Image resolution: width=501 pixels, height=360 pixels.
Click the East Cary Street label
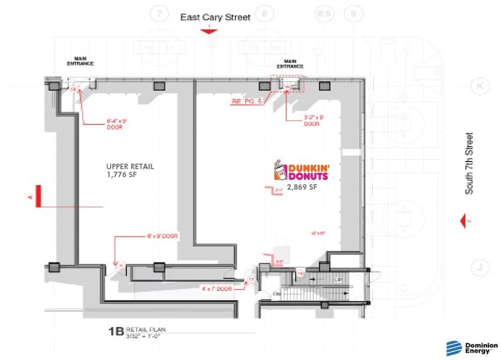point(215,17)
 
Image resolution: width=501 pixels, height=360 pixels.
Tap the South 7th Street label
point(469,163)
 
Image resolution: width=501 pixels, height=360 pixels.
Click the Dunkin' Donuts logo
point(301,171)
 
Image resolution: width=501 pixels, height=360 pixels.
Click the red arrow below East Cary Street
point(209,30)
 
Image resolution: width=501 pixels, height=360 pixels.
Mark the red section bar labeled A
point(38,197)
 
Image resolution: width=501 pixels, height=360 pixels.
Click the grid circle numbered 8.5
point(323,13)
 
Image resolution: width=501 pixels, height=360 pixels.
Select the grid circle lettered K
point(480,87)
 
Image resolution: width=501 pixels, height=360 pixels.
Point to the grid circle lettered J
point(480,267)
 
